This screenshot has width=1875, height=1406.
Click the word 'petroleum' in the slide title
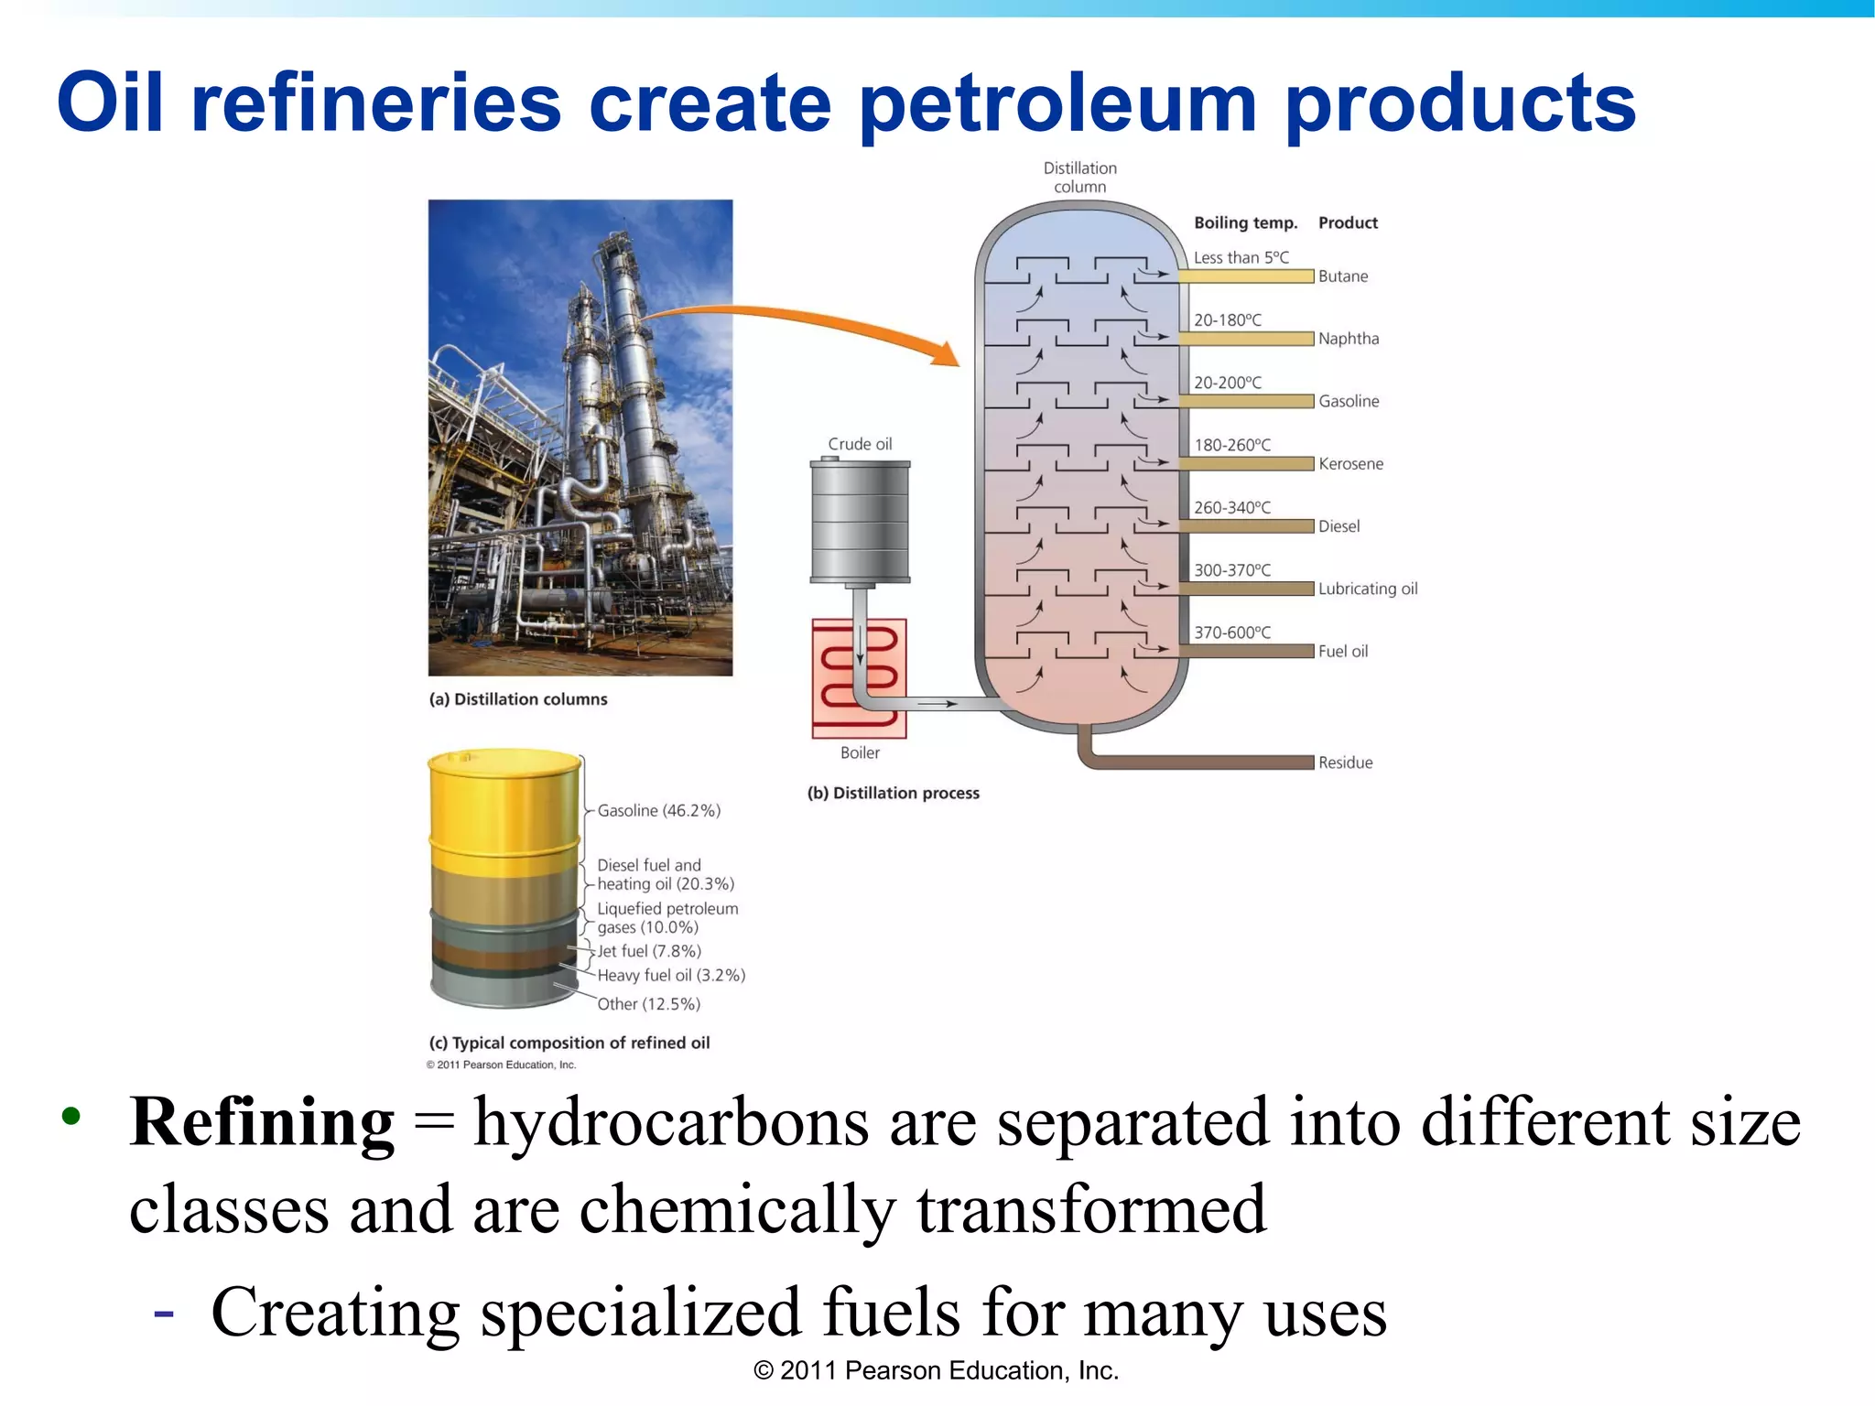(x=1057, y=105)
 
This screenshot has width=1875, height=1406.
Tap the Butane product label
(x=1342, y=276)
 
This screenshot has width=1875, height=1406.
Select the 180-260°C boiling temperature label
(x=1232, y=445)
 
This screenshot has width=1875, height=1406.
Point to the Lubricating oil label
(x=1368, y=589)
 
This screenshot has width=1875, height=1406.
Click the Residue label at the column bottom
(x=1345, y=762)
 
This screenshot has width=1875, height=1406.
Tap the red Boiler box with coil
(x=859, y=678)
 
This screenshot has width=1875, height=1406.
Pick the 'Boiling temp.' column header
(x=1245, y=222)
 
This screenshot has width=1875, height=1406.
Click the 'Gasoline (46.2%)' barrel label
(x=658, y=811)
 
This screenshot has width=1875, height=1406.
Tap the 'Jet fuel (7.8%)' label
(x=649, y=951)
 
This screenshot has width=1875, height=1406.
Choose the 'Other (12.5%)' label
(x=648, y=1004)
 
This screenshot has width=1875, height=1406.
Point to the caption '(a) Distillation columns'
(x=518, y=699)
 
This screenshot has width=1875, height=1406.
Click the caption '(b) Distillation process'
(x=893, y=793)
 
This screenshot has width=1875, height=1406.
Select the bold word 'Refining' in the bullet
(x=262, y=1122)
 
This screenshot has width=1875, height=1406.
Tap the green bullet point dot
(x=71, y=1116)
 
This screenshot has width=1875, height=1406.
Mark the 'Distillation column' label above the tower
(x=1079, y=178)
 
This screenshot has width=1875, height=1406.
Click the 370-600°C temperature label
(x=1232, y=633)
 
